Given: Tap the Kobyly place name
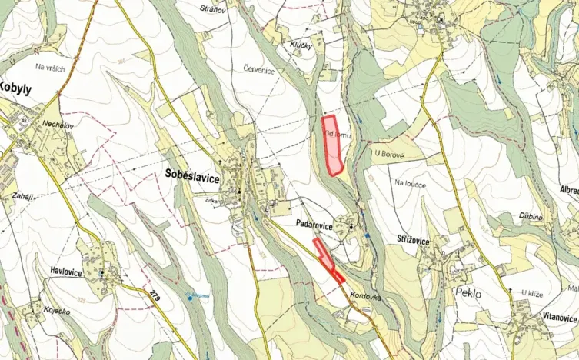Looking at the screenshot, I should [x=15, y=88].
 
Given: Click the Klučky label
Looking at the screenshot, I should [x=301, y=46].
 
